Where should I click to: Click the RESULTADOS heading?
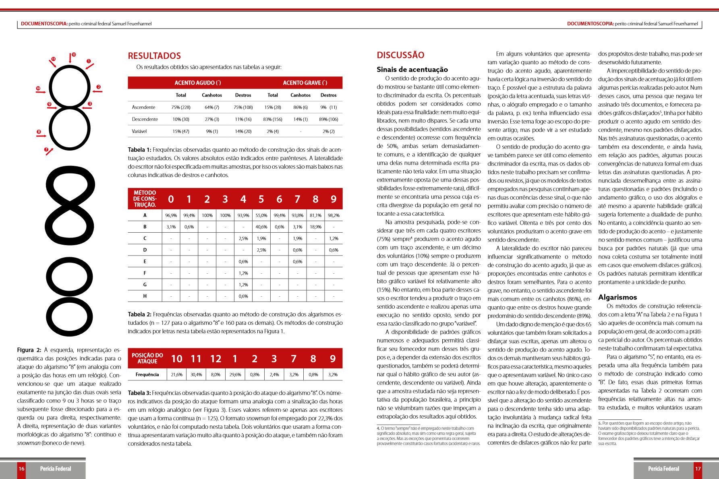154,56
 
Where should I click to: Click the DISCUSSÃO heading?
400,55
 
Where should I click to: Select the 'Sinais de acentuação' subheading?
412,70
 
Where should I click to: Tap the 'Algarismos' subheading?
617,297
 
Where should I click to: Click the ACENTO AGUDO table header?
197,83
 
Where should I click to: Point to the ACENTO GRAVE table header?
305,83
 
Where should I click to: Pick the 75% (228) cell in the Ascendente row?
181,107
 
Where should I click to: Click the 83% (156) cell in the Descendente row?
273,120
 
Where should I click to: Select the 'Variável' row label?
139,131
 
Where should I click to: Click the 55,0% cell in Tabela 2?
261,215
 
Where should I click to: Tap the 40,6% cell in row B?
261,227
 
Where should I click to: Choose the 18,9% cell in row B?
315,227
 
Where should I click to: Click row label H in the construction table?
145,296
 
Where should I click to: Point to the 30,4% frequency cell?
196,375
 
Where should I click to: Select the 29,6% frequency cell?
235,375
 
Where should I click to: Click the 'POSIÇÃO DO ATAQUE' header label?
147,358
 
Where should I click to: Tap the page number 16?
21,469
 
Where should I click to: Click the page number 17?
698,469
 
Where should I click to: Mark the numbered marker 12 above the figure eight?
74,54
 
